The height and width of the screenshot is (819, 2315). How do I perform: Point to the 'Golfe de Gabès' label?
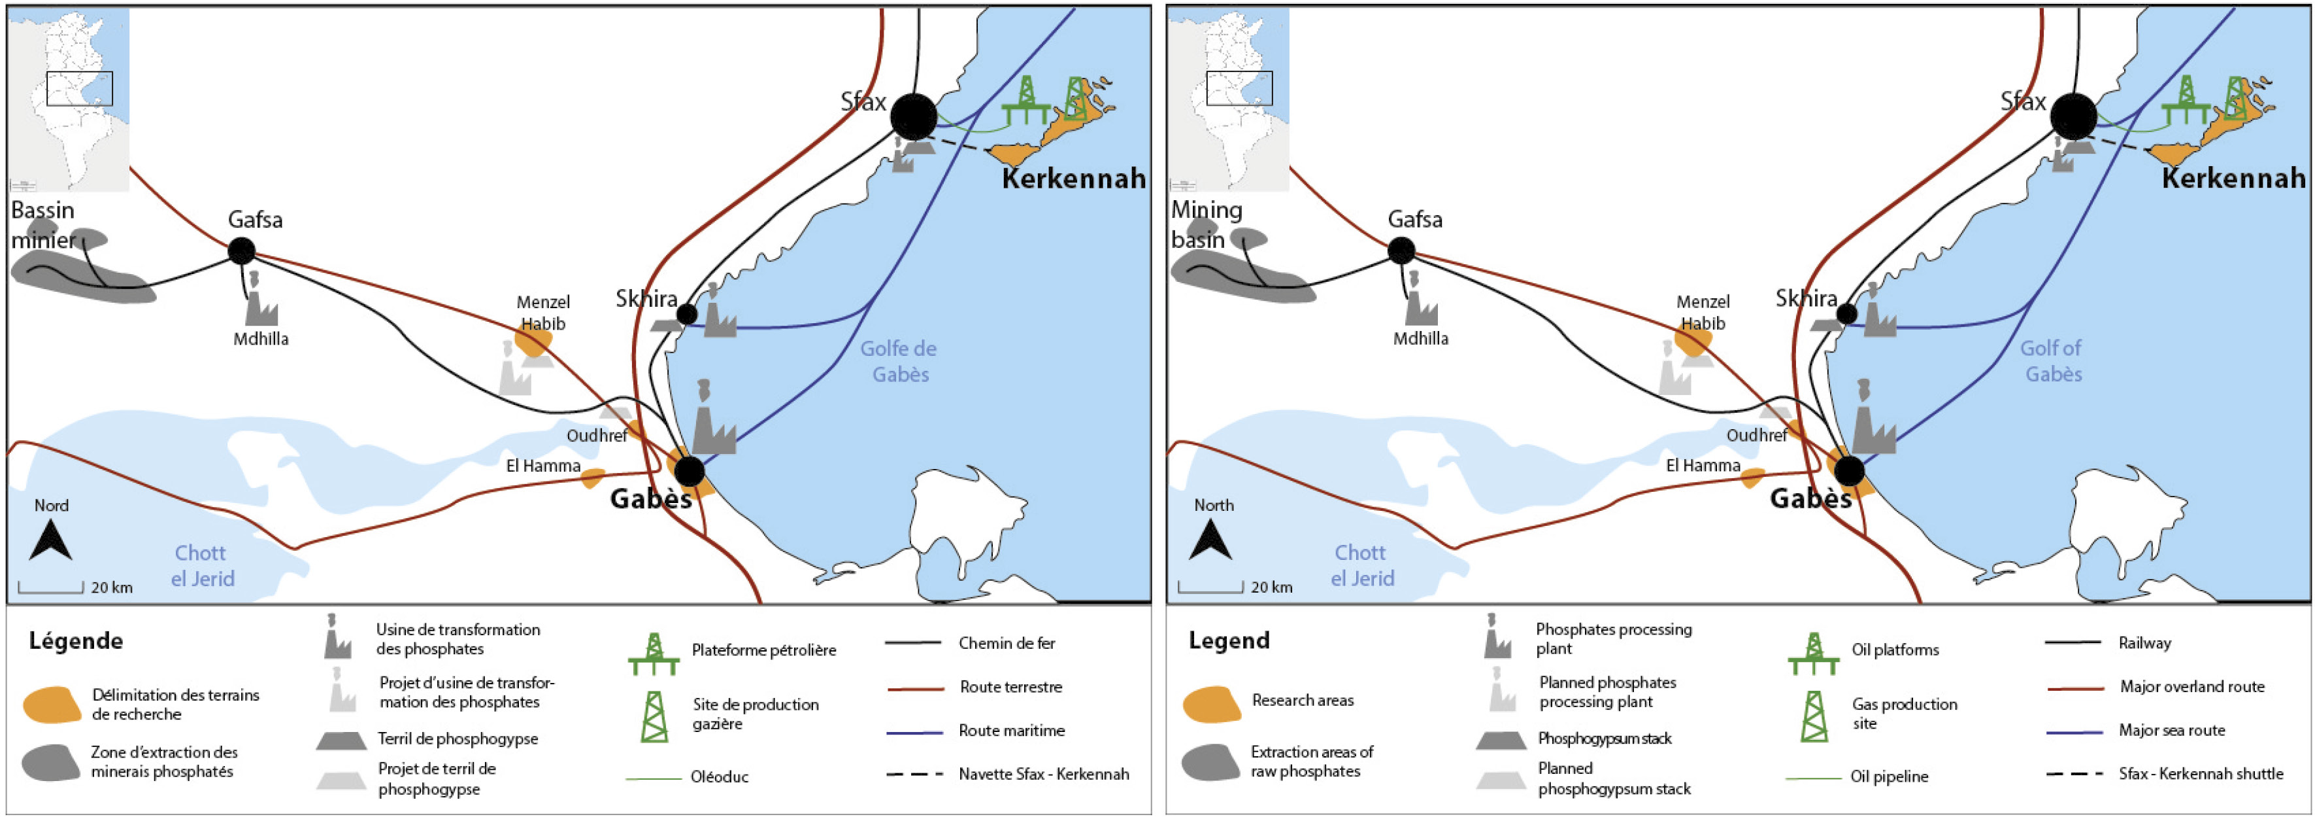coord(899,361)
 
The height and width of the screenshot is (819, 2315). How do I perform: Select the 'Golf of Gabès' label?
coord(2052,361)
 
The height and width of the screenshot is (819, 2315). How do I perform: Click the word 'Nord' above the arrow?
coord(51,505)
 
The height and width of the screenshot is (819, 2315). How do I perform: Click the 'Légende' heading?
coord(76,641)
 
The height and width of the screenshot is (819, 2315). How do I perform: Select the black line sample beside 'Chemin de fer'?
coord(913,643)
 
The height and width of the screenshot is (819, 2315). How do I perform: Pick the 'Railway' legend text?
coord(2144,643)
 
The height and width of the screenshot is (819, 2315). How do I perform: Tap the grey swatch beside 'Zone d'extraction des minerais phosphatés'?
coord(51,762)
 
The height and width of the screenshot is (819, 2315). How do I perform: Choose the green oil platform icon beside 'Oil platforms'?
coord(1814,655)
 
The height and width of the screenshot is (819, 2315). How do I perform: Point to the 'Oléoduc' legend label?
coord(719,776)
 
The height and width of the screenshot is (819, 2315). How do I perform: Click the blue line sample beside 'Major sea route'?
coord(2074,732)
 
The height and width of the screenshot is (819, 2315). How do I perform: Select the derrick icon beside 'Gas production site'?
coord(1814,716)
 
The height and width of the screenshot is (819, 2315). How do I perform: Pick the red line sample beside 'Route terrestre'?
coord(915,689)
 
